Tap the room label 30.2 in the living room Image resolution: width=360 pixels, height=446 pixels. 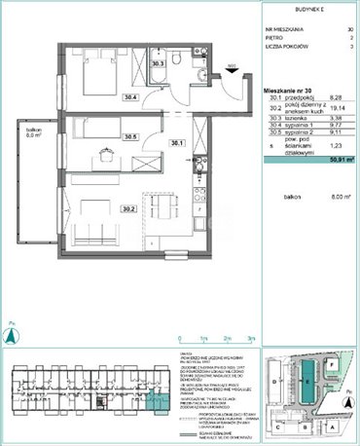click(x=126, y=207)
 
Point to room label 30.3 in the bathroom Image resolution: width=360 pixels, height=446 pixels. click(x=158, y=64)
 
